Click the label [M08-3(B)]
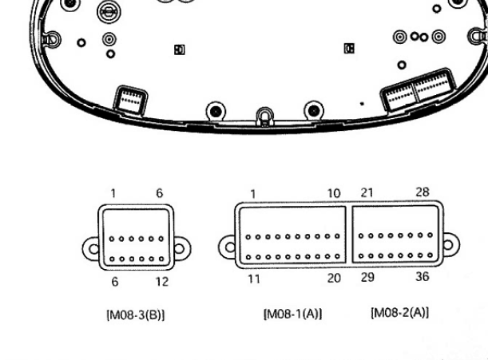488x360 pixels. pos(136,315)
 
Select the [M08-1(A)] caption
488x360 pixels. pos(293,314)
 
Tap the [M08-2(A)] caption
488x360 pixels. pos(400,312)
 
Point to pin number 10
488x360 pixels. pos(334,193)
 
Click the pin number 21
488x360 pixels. pos(367,193)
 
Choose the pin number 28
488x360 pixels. pos(423,192)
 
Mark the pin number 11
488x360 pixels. pos(254,279)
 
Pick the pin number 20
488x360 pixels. pos(334,278)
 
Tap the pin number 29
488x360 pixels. pos(367,277)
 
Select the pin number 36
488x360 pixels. pos(423,276)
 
